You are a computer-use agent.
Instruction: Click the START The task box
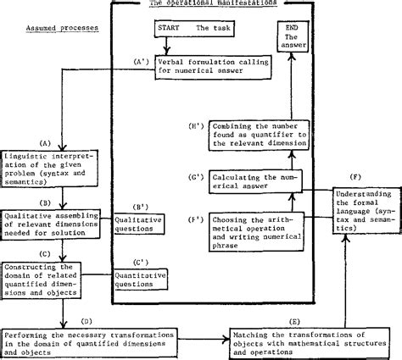(182, 28)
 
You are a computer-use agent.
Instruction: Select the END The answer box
(289, 37)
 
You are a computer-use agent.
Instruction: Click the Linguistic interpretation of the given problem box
(36, 166)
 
